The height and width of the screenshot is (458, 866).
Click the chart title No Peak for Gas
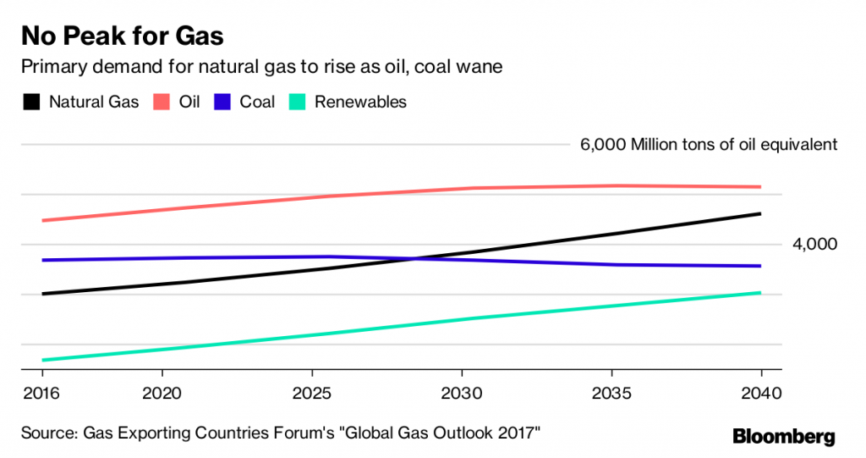click(123, 36)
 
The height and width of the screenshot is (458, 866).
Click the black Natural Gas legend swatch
click(32, 102)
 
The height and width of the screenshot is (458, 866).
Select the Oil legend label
click(189, 102)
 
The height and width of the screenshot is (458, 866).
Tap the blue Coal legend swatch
click(224, 102)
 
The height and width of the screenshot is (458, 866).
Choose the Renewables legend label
click(360, 102)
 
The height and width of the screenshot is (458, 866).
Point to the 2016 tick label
click(42, 395)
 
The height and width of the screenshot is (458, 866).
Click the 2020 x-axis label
click(162, 395)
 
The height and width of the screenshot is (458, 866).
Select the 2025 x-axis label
click(312, 395)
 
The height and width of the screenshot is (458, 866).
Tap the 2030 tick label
click(462, 395)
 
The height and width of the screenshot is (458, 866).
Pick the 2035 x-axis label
click(611, 395)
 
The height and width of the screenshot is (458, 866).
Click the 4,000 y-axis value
click(814, 245)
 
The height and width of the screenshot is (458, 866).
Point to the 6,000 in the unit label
click(601, 145)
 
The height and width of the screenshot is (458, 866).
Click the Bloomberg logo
click(783, 436)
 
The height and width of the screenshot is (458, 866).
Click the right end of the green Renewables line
click(761, 293)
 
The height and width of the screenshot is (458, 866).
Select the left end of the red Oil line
click(42, 221)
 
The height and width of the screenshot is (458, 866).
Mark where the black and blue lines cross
click(414, 258)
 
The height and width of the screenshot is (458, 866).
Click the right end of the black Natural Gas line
click(761, 214)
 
